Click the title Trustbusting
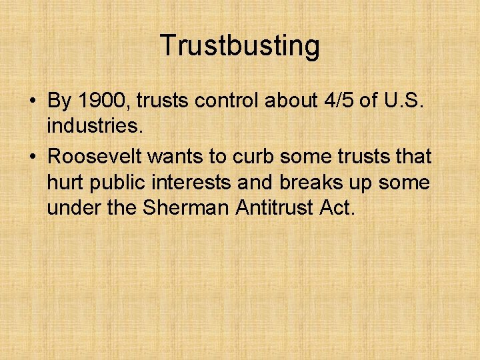pyautogui.click(x=239, y=46)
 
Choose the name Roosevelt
pyautogui.click(x=94, y=157)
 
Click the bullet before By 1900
pyautogui.click(x=32, y=101)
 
